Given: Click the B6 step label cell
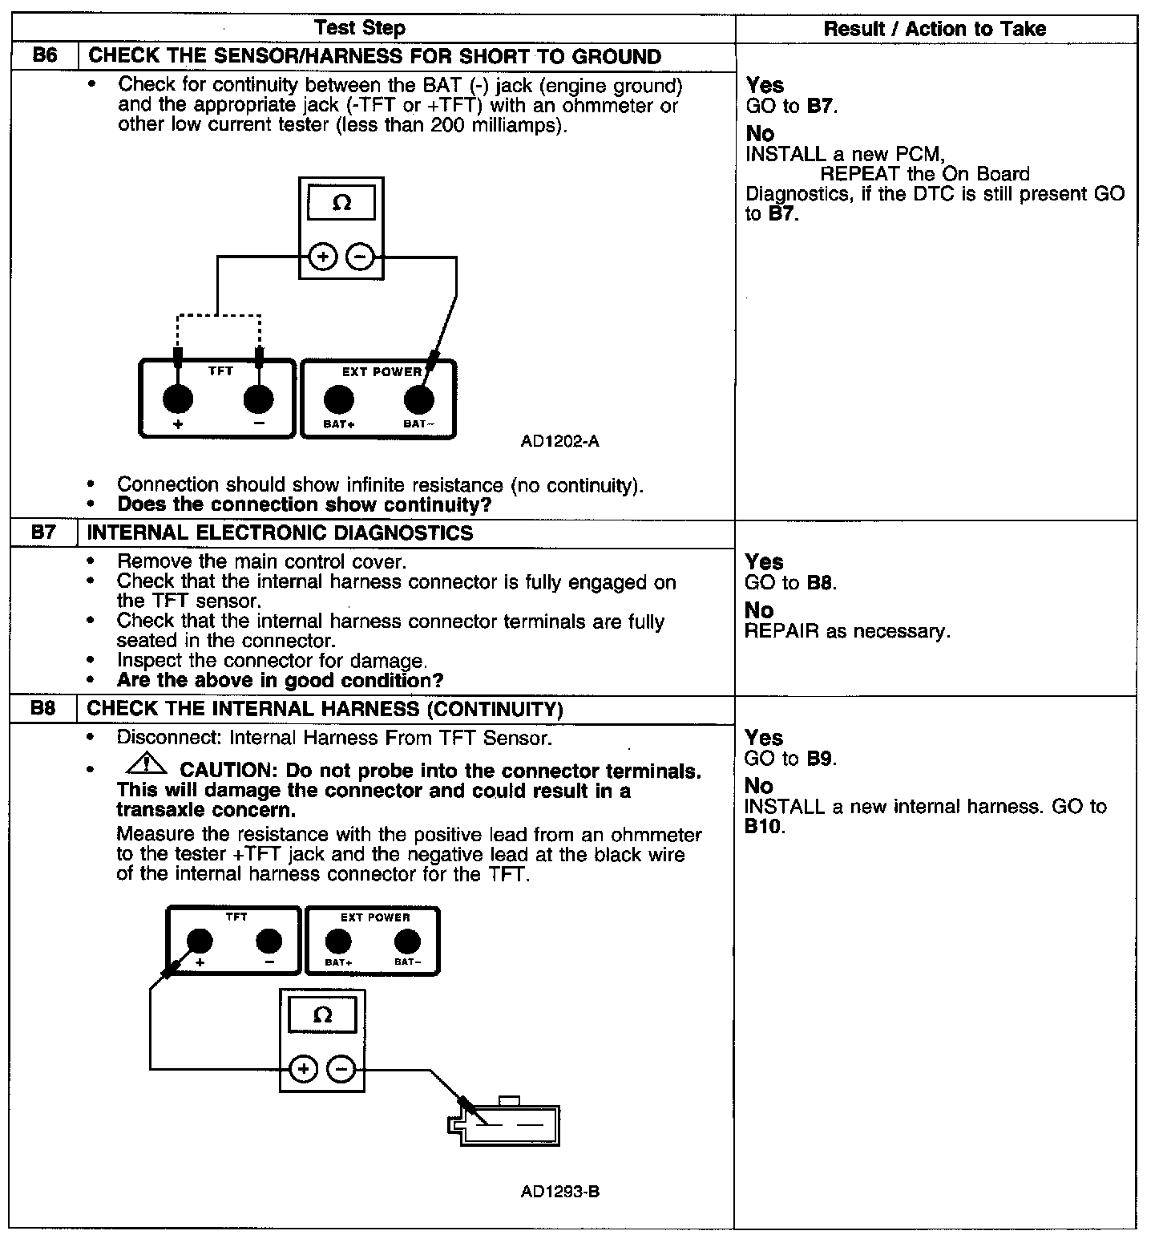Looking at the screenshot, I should pyautogui.click(x=45, y=57).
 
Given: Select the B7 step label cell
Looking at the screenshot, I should pyautogui.click(x=45, y=533).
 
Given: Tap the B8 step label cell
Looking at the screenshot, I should pyautogui.click(x=45, y=710).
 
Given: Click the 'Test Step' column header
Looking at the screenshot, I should pyautogui.click(x=360, y=29).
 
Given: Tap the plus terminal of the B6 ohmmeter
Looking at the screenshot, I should pyautogui.click(x=322, y=257).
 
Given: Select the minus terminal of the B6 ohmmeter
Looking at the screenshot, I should pyautogui.click(x=361, y=257).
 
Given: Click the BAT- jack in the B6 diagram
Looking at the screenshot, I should pyautogui.click(x=418, y=399).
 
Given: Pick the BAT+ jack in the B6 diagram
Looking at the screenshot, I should pyautogui.click(x=338, y=399).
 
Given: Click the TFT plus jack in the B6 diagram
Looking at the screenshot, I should pyautogui.click(x=178, y=399).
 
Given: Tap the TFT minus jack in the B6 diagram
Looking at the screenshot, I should pyautogui.click(x=258, y=399).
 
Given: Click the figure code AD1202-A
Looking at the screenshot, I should pyautogui.click(x=559, y=441).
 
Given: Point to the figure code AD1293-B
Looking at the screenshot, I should pyautogui.click(x=559, y=1192).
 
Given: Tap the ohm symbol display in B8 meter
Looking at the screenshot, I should pyautogui.click(x=322, y=1015).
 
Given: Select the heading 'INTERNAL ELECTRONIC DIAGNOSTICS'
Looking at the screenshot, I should pyautogui.click(x=280, y=533).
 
